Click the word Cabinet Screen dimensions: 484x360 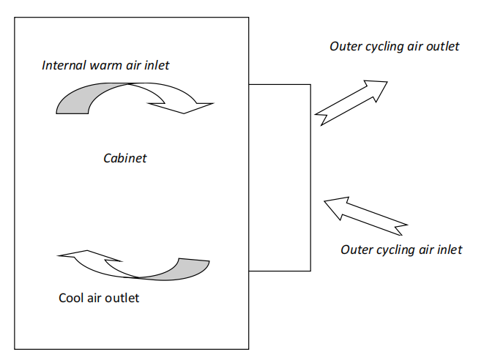[125, 158]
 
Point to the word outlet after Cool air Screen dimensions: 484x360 [123, 298]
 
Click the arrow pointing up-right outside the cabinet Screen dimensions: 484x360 [351, 103]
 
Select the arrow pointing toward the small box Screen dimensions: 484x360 [366, 216]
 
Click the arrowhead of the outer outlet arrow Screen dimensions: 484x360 [376, 89]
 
